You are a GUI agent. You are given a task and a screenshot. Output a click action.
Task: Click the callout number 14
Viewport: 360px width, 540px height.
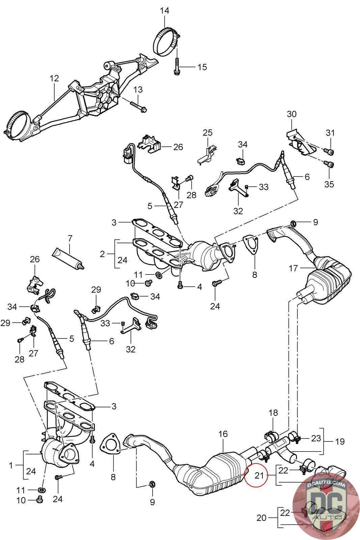pos(164,11)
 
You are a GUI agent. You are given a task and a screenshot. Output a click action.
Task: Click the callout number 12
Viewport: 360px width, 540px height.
pos(54,79)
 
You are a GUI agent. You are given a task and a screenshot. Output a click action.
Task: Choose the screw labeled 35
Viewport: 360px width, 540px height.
pos(330,165)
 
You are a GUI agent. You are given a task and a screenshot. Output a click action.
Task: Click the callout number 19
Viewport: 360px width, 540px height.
pos(340,441)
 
